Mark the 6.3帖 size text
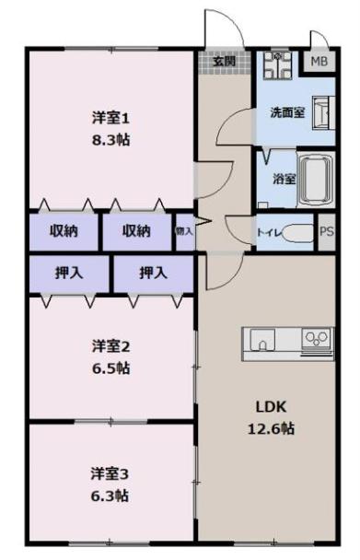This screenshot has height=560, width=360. [x=110, y=496]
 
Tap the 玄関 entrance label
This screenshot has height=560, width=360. [x=224, y=62]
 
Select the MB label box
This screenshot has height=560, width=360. [x=319, y=62]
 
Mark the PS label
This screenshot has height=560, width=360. [x=326, y=232]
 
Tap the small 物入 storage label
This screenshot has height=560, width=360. [x=185, y=231]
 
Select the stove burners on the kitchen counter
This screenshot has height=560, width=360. [x=317, y=338]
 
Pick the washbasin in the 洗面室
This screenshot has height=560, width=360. [x=323, y=113]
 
